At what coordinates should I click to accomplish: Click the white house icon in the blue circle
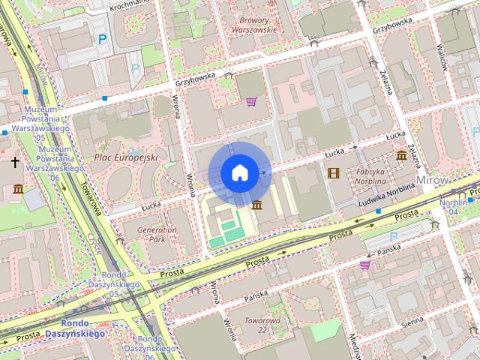239,173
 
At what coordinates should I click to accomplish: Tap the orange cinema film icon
333,173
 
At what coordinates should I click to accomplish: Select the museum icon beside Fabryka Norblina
401,156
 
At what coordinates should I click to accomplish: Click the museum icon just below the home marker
257,205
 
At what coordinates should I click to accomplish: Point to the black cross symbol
14,161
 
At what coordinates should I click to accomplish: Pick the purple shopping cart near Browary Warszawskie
252,101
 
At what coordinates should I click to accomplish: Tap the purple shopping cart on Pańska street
364,264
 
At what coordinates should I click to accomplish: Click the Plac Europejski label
126,157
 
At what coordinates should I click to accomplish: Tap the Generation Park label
157,234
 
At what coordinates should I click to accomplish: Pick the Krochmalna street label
129,4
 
